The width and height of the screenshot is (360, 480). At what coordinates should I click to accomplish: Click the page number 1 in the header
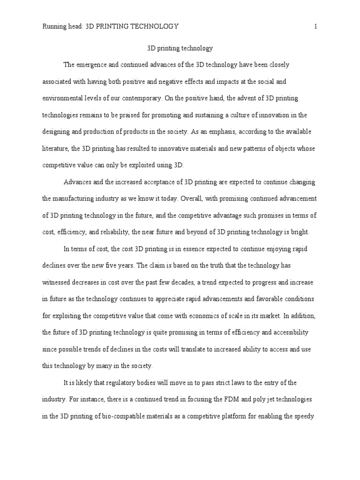316,27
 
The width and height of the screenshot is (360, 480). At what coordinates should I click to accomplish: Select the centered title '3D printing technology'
180,48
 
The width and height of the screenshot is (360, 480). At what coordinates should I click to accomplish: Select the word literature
56,149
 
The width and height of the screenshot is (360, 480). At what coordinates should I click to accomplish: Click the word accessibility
286,332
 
